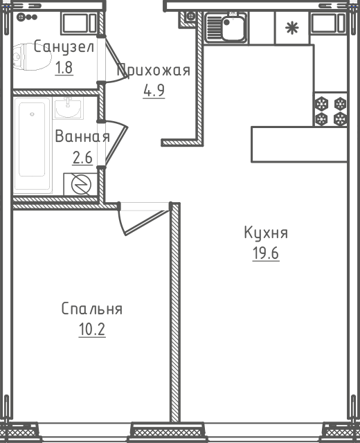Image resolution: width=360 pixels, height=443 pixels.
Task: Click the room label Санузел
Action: (64, 46)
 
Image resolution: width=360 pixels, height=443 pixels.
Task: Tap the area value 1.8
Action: (64, 68)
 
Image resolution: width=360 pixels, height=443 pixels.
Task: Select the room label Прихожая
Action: (154, 70)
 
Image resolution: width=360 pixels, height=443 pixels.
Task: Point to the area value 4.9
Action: (154, 91)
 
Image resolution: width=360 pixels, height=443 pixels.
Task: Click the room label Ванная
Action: (82, 136)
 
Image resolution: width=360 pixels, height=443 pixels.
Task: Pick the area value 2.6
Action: (82, 158)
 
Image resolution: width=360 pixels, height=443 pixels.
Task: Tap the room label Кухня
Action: (266, 233)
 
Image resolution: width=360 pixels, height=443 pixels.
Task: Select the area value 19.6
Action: (266, 253)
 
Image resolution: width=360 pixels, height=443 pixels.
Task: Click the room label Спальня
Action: (92, 309)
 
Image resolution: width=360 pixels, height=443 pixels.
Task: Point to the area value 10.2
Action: (92, 329)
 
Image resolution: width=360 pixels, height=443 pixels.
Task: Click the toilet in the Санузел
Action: (32, 57)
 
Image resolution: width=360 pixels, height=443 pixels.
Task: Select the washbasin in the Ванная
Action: (68, 108)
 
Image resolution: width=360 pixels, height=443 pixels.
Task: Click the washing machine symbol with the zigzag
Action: (81, 185)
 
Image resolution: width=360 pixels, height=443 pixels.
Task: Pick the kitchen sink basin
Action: (233, 28)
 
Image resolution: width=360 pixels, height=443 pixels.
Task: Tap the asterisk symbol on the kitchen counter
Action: (291, 28)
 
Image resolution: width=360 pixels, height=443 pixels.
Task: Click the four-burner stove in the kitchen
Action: (330, 109)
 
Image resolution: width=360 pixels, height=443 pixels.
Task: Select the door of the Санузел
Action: (113, 60)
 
